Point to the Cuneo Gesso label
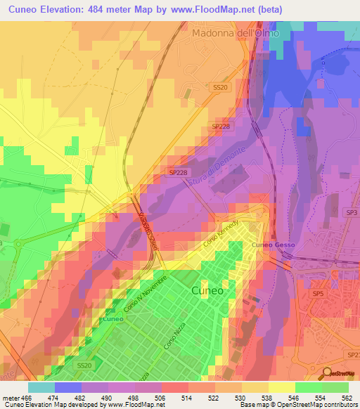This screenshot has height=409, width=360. [x=274, y=245]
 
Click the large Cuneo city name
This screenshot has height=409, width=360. [x=207, y=290]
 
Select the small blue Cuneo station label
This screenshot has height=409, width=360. [x=112, y=318]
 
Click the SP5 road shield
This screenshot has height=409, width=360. [x=318, y=293]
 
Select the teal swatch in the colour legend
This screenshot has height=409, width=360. [x=41, y=387]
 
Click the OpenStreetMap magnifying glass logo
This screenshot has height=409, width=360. [x=327, y=372]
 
